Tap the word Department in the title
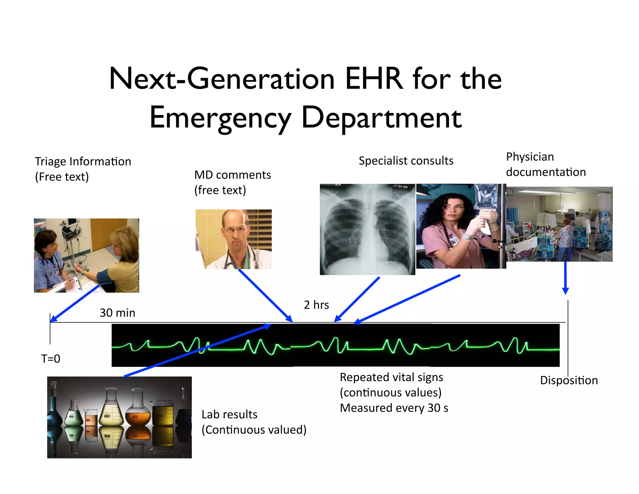[x=381, y=118]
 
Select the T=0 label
[x=51, y=358]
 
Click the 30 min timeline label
[x=117, y=313]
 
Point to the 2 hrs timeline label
[x=316, y=305]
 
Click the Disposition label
[x=569, y=380]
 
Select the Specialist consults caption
[x=406, y=161]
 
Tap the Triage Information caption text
[x=83, y=162]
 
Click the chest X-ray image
[x=367, y=230]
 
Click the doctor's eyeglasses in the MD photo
[x=235, y=230]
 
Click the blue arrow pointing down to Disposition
[x=565, y=278]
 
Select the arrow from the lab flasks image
[x=197, y=350]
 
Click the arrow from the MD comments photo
[x=265, y=295]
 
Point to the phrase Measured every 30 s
[x=394, y=408]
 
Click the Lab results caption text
[x=229, y=415]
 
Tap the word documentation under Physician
[x=546, y=172]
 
